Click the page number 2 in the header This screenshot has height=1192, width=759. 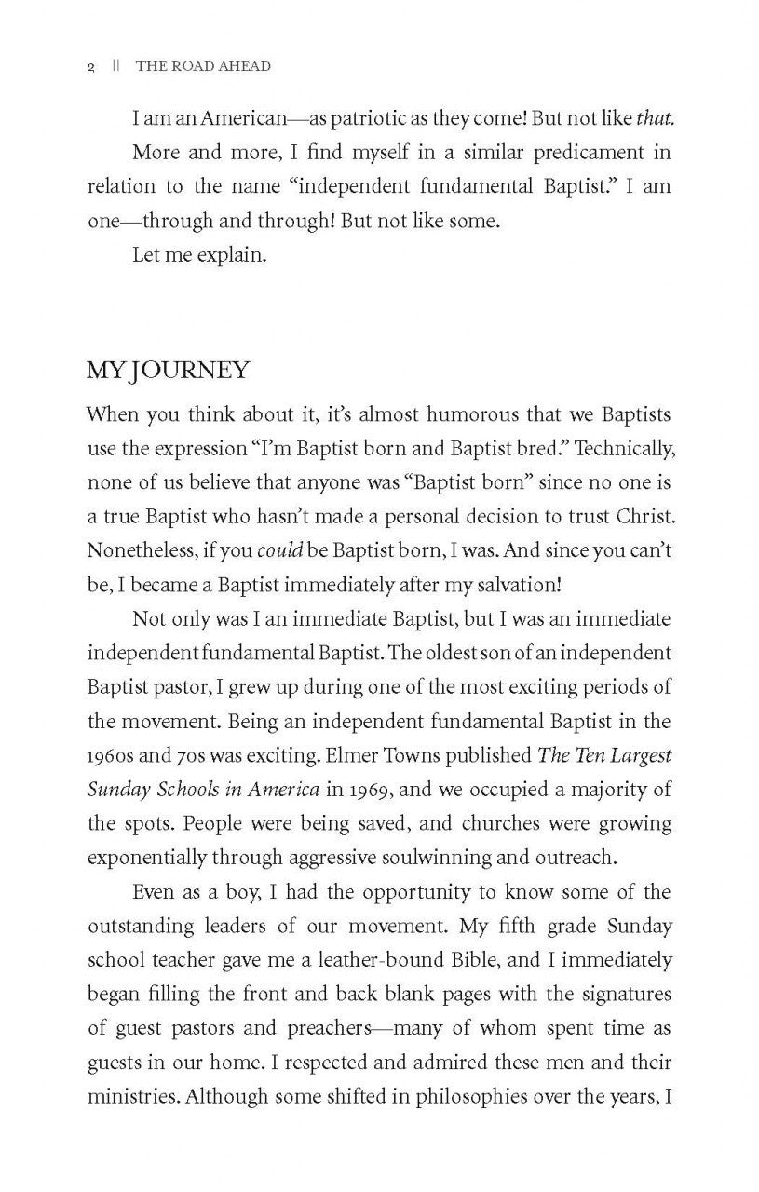coord(90,67)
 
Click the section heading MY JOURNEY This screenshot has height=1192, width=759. coord(168,371)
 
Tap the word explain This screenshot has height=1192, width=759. coord(230,255)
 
